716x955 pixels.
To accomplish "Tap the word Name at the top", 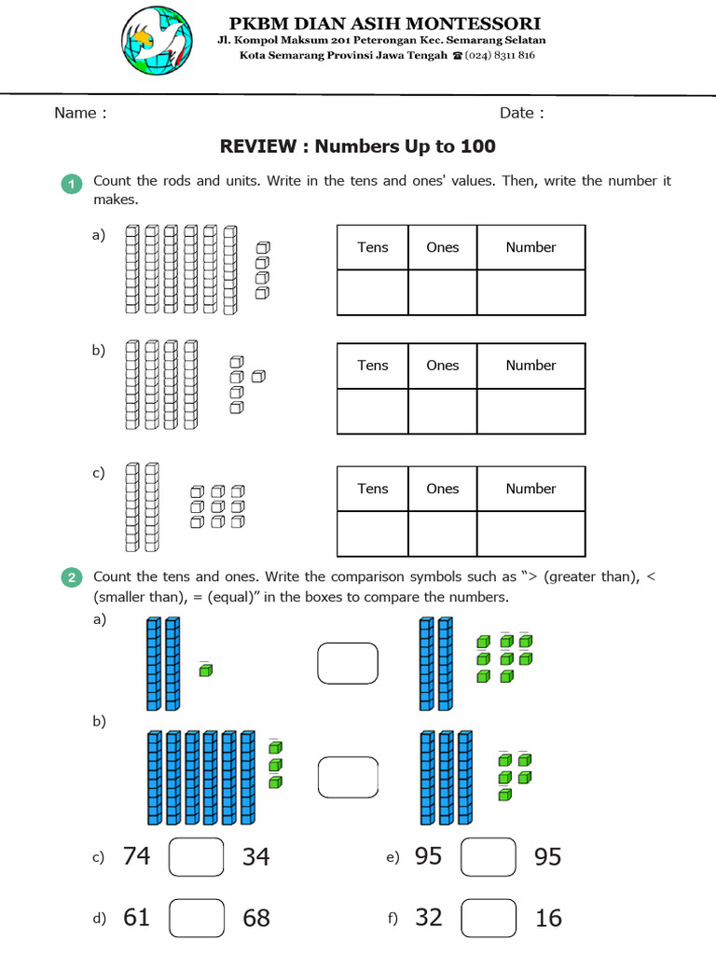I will coord(76,113).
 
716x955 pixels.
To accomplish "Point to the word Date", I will coord(517,113).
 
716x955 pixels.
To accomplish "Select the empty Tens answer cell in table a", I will coord(372,292).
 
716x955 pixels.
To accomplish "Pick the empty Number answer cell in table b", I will coord(530,410).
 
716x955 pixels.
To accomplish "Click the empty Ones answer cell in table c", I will coord(442,533).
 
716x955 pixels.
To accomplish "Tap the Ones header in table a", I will coord(442,247).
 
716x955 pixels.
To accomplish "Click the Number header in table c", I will coord(530,489).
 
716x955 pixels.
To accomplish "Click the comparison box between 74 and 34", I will coord(197,857).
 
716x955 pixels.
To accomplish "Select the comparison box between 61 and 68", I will coord(197,918).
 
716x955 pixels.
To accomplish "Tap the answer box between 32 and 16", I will coord(489,918).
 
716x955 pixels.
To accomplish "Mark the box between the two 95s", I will coord(489,857).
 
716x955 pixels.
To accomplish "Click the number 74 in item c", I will coord(136,856).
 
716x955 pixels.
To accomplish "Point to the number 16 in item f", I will coord(549,919).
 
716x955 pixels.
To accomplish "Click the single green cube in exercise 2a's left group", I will coord(205,670).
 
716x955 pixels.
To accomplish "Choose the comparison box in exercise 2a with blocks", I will coord(348,663).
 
